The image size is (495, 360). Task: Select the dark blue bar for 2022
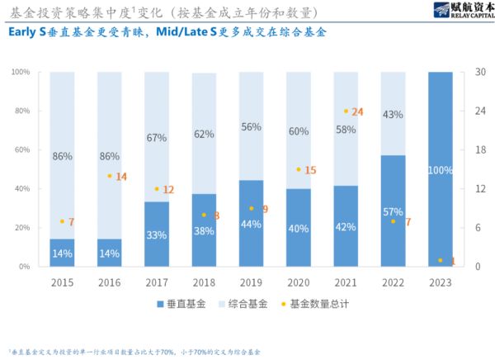coord(393,211)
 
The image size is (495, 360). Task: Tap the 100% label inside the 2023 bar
coord(440,170)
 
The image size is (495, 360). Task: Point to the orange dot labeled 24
coord(346,111)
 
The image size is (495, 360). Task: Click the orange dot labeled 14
coord(110,176)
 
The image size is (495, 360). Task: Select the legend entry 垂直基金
coord(182,304)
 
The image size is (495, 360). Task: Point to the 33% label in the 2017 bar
coord(157,234)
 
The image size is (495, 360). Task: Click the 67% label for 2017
coord(157,138)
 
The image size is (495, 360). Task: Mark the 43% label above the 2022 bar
coord(393,114)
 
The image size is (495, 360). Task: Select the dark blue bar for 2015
coord(62,253)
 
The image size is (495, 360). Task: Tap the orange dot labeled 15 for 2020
coord(299,169)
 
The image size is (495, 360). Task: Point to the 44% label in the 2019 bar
coord(251,224)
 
